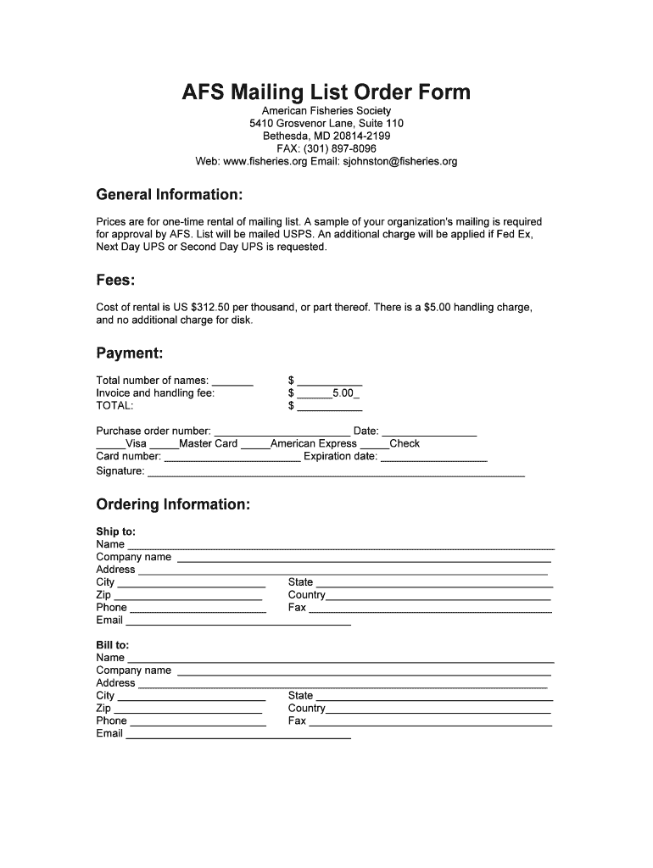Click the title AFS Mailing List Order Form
326,92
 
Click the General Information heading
170,195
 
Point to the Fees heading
116,281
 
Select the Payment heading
130,353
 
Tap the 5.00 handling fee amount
342,393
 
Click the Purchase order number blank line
282,433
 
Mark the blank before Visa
110,446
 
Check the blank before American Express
255,446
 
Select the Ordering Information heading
173,505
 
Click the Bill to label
113,645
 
